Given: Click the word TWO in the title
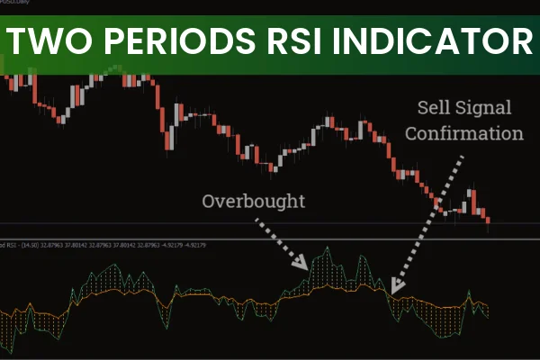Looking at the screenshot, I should (x=48, y=40).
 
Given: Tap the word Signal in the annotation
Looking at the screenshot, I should (x=487, y=108).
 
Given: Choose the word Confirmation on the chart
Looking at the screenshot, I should (x=463, y=134).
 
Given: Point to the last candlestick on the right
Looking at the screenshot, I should (x=488, y=219).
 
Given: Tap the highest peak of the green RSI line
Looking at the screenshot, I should (x=330, y=247).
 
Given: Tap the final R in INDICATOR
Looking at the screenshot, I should (x=519, y=40).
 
